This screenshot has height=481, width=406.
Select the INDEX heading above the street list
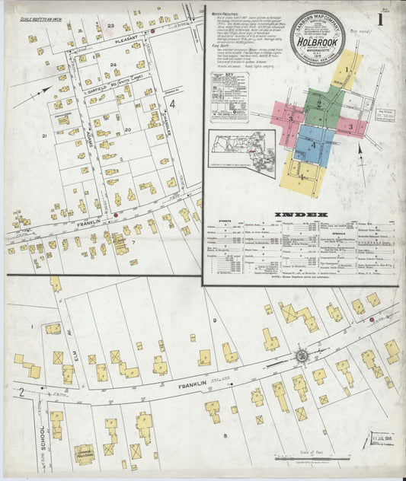click(x=300, y=215)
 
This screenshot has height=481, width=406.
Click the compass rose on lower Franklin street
click(x=302, y=355)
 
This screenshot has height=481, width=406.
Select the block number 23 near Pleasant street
click(x=110, y=26)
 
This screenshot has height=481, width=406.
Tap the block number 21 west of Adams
click(x=45, y=136)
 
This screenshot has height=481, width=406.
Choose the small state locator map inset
click(x=241, y=151)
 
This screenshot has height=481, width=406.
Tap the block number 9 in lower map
click(x=216, y=322)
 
